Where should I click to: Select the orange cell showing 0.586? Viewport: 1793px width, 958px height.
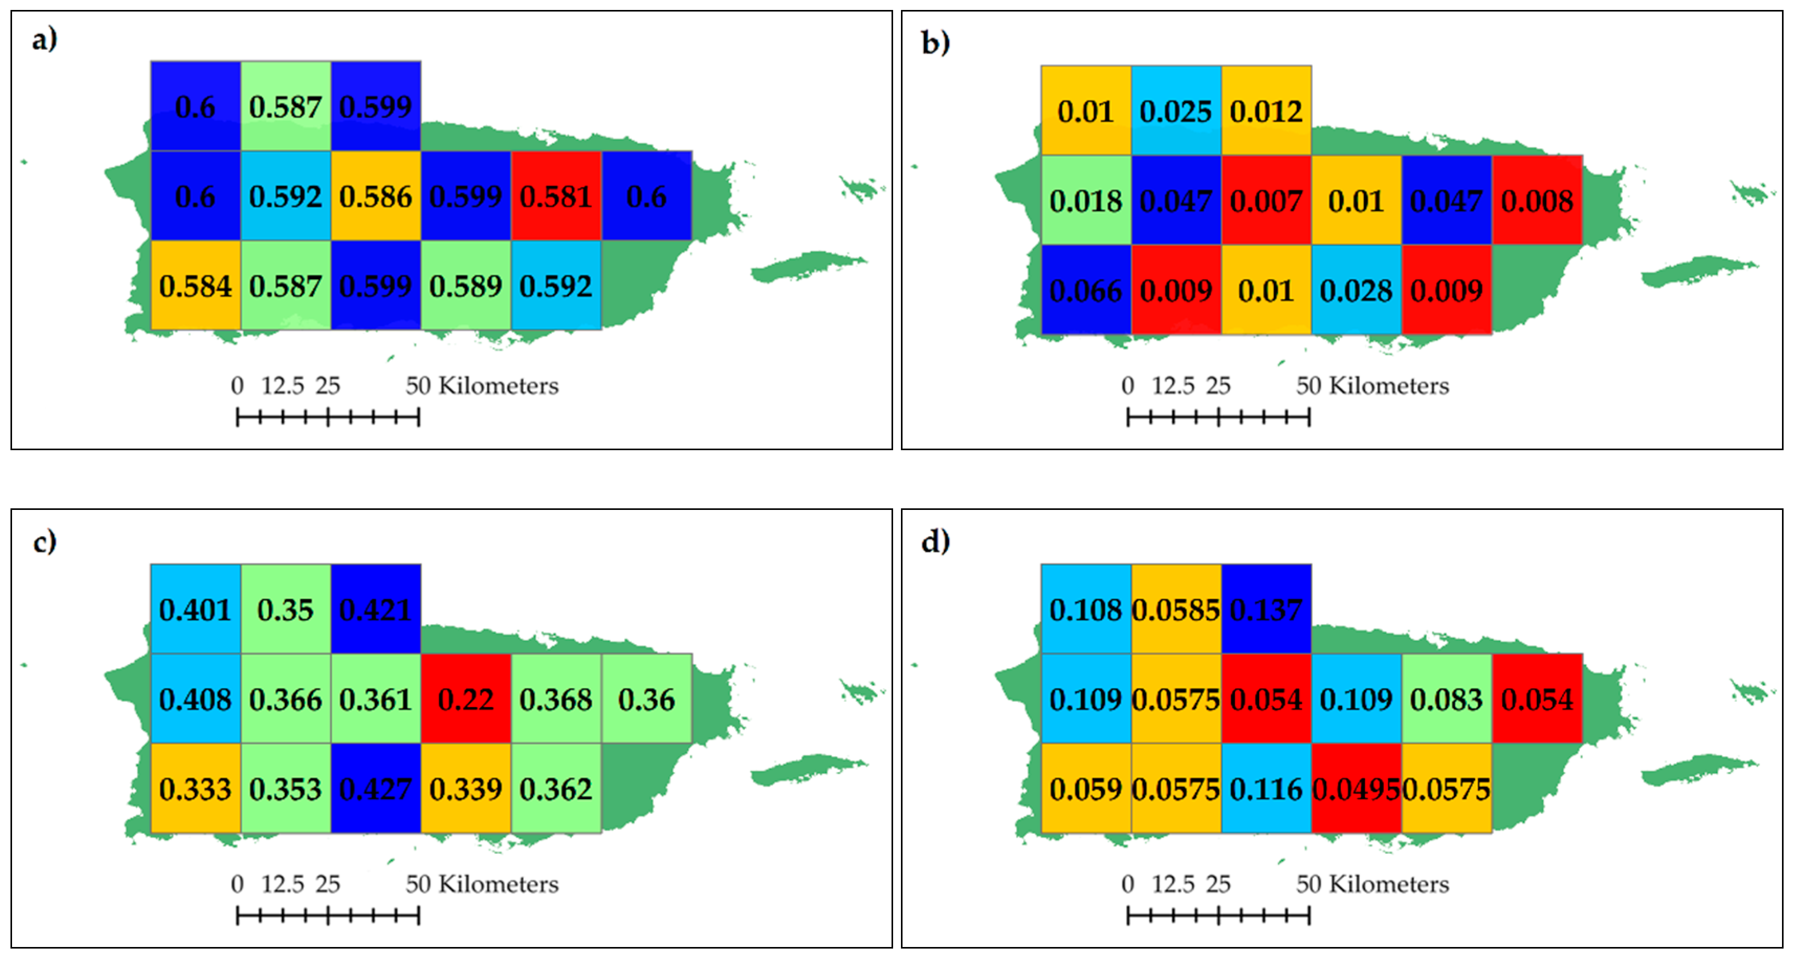[x=376, y=197]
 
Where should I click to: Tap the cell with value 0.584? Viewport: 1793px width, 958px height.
[x=195, y=286]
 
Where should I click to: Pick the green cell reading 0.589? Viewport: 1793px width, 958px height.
[x=466, y=286]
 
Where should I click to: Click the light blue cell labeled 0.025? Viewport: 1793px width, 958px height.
[x=1175, y=111]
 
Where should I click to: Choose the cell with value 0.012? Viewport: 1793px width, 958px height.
[x=1266, y=111]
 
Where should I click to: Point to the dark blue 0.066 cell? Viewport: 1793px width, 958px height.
[x=1086, y=290]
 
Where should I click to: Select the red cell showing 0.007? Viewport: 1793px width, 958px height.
[x=1266, y=201]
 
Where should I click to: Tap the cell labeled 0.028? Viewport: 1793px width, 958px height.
[x=1356, y=290]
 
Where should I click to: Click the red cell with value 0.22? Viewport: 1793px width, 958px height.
[x=466, y=699]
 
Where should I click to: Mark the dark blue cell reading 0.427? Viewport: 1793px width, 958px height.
[x=376, y=789]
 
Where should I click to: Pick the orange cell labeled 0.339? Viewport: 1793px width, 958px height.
[x=466, y=789]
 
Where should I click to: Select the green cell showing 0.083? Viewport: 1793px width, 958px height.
[x=1446, y=699]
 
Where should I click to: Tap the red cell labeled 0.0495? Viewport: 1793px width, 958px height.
[x=1356, y=789]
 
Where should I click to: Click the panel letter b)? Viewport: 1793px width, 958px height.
[x=935, y=43]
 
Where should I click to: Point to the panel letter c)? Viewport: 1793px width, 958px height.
[x=45, y=542]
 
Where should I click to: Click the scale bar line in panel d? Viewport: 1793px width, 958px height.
[x=1218, y=916]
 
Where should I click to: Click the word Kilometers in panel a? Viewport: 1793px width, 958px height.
[x=498, y=386]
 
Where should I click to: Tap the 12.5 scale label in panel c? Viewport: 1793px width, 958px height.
[x=282, y=884]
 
